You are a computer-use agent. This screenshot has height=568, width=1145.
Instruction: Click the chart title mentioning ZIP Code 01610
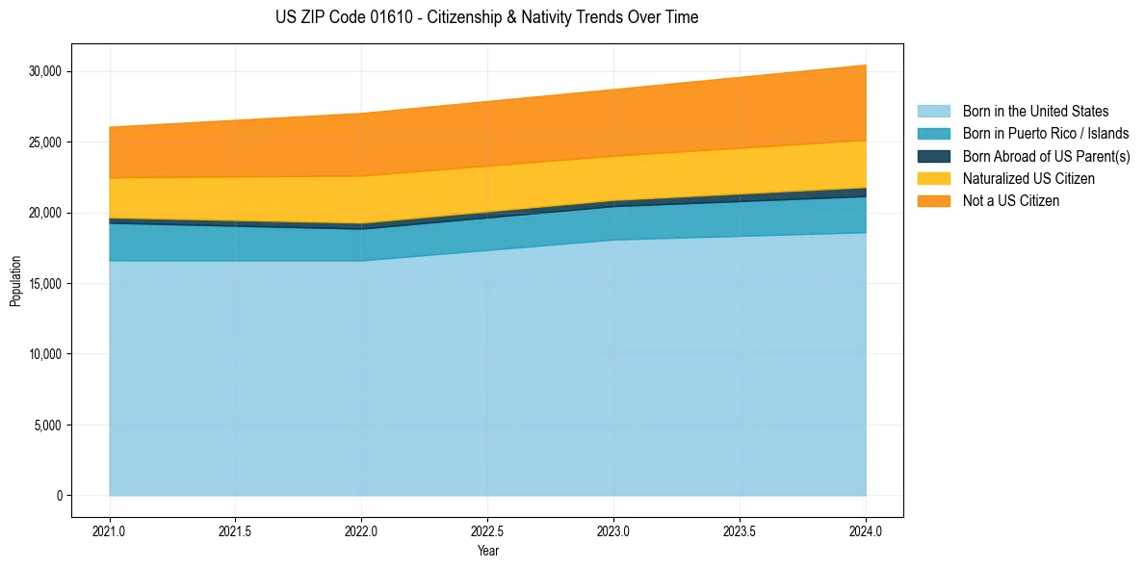pyautogui.click(x=486, y=17)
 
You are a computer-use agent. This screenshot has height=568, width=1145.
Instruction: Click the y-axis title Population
pyautogui.click(x=15, y=281)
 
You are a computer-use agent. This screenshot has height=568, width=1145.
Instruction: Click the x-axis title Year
pyautogui.click(x=487, y=551)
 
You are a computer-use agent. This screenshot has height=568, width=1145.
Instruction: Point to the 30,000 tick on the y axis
pyautogui.click(x=45, y=71)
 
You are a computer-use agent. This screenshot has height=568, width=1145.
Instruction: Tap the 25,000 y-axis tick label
pyautogui.click(x=45, y=142)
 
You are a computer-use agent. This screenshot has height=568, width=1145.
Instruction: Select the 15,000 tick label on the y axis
pyautogui.click(x=45, y=284)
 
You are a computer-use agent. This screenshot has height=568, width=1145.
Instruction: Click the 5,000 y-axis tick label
pyautogui.click(x=48, y=426)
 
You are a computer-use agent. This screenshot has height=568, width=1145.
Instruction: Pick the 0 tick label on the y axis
pyautogui.click(x=59, y=496)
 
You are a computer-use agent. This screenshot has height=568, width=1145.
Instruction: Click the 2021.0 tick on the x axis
pyautogui.click(x=110, y=530)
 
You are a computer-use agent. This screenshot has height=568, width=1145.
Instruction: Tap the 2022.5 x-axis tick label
pyautogui.click(x=487, y=530)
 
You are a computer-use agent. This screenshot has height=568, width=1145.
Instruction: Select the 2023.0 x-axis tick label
pyautogui.click(x=613, y=530)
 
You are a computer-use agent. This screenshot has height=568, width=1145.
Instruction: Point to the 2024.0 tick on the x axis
pyautogui.click(x=866, y=530)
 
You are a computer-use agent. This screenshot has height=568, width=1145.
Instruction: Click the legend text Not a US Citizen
pyautogui.click(x=1010, y=201)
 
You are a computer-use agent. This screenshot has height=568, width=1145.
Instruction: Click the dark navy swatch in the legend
pyautogui.click(x=933, y=156)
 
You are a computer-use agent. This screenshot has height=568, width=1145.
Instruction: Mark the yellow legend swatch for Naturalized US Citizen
pyautogui.click(x=933, y=179)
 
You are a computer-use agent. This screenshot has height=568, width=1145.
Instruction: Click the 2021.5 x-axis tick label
pyautogui.click(x=236, y=530)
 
